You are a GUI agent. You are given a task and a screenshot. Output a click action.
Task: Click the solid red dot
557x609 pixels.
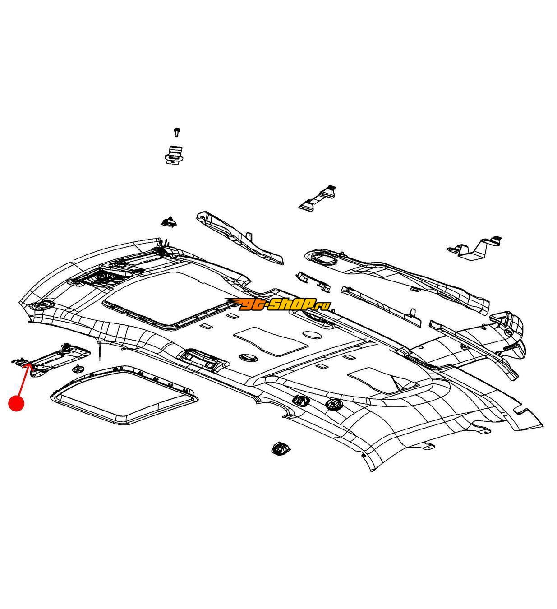17,403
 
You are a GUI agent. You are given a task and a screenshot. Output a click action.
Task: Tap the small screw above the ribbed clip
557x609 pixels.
176,132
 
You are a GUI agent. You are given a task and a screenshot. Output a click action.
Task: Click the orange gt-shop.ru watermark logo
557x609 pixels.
279,305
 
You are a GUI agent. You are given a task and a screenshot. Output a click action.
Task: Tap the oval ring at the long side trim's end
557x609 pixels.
321,257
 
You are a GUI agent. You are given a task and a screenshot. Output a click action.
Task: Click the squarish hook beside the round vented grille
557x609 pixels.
299,400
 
